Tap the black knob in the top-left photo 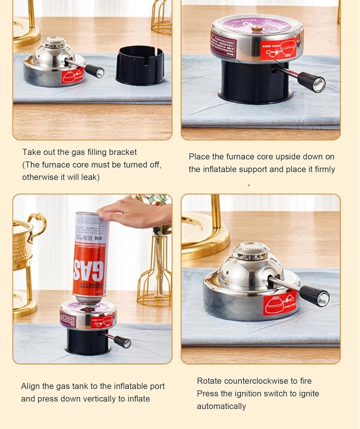94,71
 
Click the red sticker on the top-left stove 72,76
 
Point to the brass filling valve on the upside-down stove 257,29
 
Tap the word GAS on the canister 89,270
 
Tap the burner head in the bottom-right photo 251,250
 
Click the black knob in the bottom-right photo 314,296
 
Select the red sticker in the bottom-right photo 279,303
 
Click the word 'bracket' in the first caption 122,152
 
